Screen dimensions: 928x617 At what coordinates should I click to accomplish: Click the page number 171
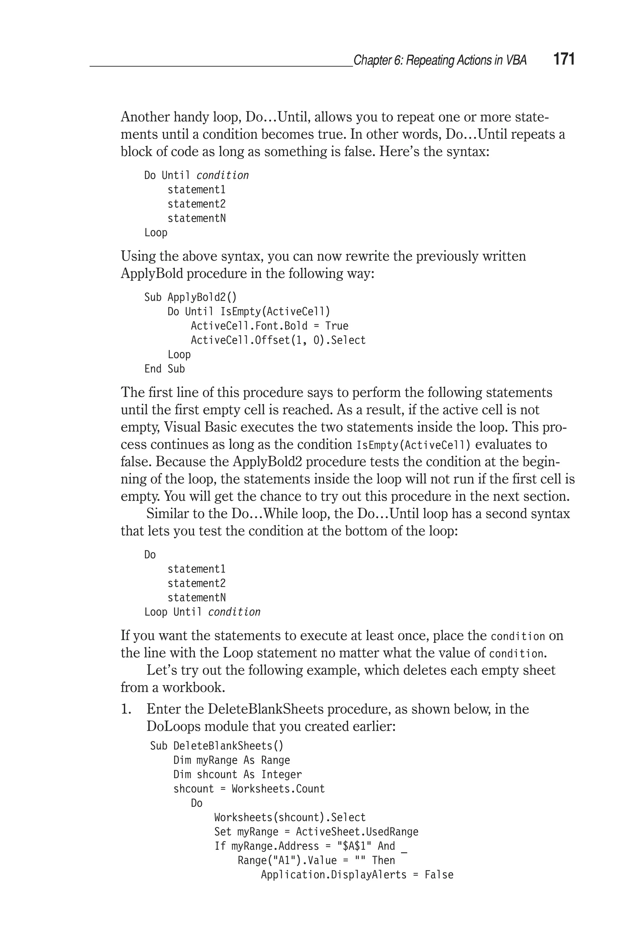pyautogui.click(x=564, y=59)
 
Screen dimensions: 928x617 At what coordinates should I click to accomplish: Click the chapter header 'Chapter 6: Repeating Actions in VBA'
pyautogui.click(x=440, y=60)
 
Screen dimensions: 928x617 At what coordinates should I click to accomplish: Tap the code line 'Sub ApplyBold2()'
pyautogui.click(x=190, y=297)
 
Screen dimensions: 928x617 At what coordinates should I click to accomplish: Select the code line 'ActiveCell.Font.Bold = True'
pyautogui.click(x=270, y=326)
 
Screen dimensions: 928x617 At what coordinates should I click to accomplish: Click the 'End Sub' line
pyautogui.click(x=164, y=369)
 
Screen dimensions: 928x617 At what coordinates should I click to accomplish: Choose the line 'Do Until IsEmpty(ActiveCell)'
pyautogui.click(x=249, y=312)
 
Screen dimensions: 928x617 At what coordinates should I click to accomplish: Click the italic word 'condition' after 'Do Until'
pyautogui.click(x=222, y=175)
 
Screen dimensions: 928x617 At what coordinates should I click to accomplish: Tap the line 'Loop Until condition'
pyautogui.click(x=202, y=612)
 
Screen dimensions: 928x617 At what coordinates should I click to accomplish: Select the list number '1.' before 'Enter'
pyautogui.click(x=126, y=709)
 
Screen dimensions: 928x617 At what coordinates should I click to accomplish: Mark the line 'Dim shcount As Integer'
pyautogui.click(x=237, y=775)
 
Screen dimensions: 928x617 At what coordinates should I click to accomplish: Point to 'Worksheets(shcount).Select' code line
pyautogui.click(x=290, y=817)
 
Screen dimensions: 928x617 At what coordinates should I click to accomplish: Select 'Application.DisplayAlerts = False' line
pyautogui.click(x=357, y=874)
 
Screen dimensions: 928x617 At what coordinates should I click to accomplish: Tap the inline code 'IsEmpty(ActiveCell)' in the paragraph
pyautogui.click(x=413, y=445)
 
